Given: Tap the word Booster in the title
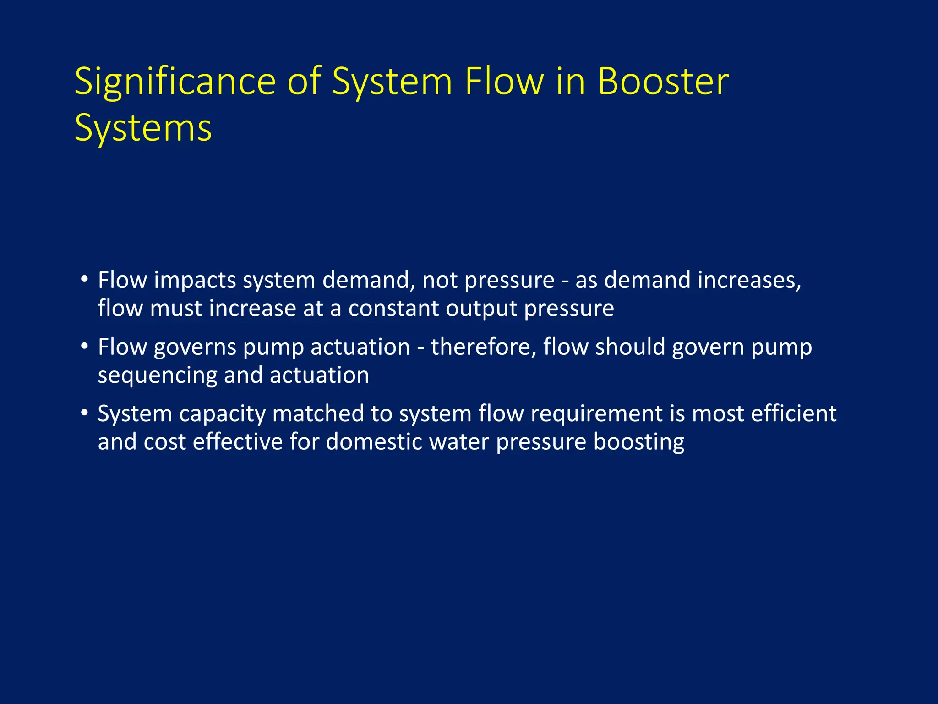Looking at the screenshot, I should pos(663,82).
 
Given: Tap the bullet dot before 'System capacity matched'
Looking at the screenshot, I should pos(84,412).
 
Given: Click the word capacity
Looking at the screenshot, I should pos(222,414).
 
